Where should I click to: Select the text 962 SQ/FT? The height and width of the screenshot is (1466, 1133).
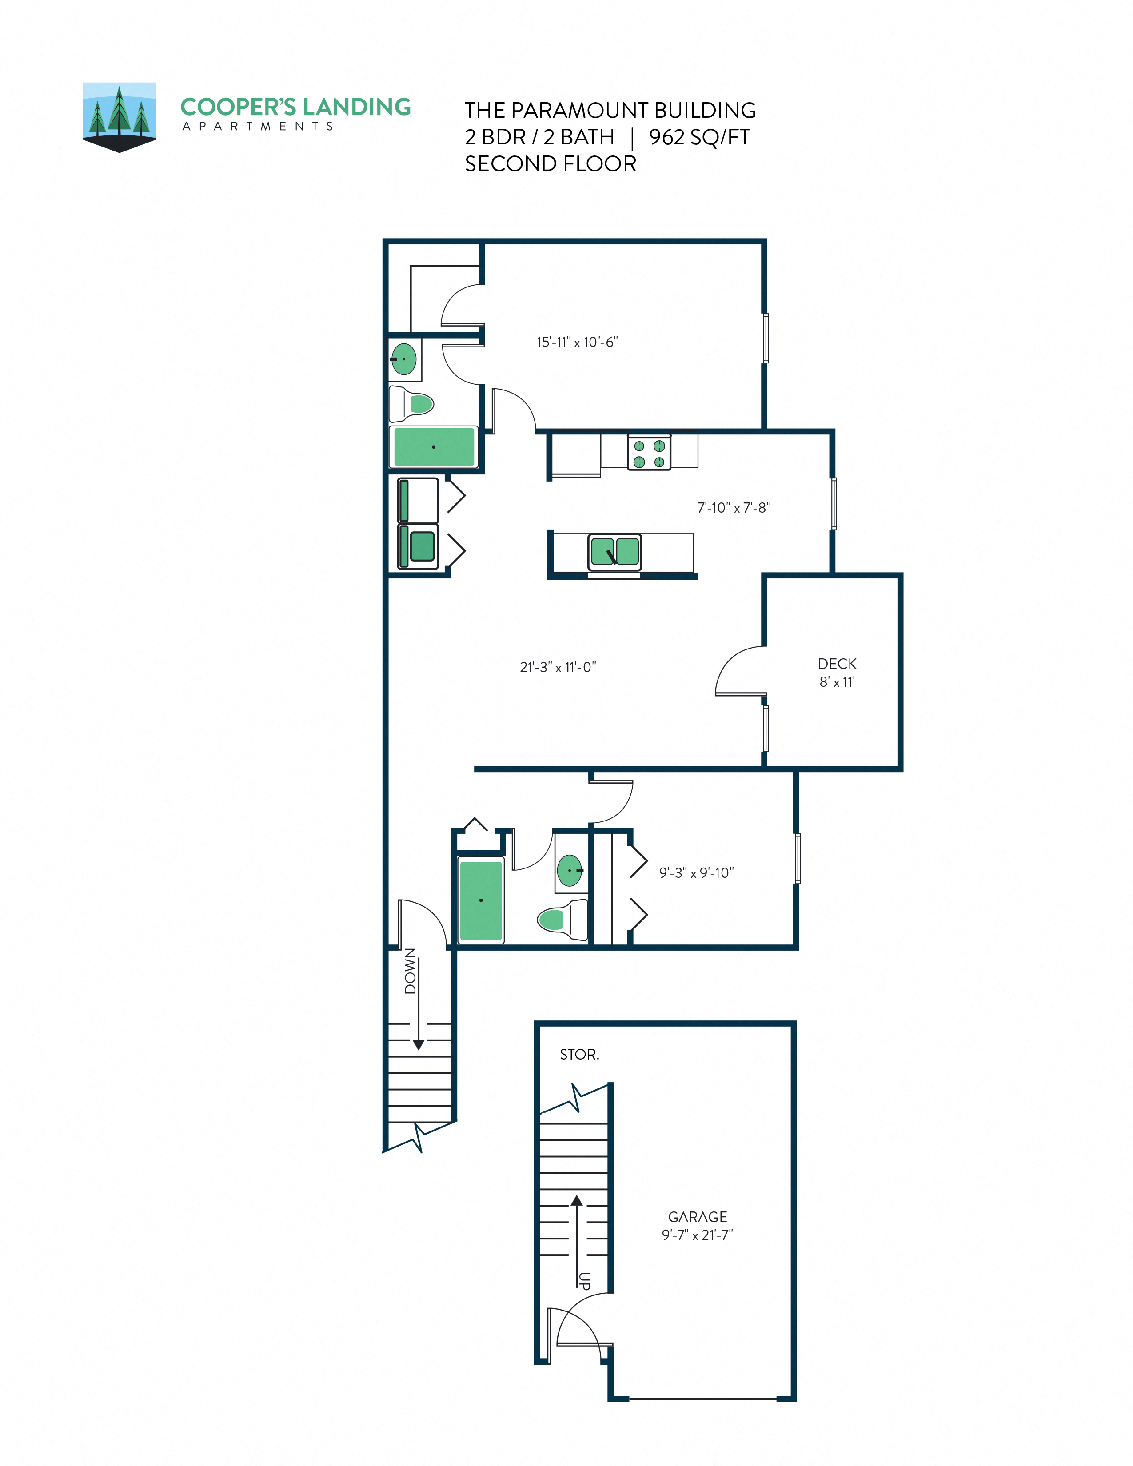[x=699, y=137]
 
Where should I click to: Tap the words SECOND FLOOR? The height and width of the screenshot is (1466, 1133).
[x=551, y=164]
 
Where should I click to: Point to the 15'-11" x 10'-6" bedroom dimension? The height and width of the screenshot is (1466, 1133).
[x=577, y=343]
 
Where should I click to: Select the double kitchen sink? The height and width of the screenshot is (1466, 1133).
[x=614, y=552]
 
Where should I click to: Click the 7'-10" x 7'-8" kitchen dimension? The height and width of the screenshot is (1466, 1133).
[x=734, y=508]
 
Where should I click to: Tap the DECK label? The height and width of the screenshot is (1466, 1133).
[x=837, y=664]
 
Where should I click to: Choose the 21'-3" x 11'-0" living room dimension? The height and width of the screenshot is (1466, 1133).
[x=558, y=667]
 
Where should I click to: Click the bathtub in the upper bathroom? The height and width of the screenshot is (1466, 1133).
[x=434, y=446]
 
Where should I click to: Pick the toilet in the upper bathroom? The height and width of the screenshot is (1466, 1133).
[x=412, y=404]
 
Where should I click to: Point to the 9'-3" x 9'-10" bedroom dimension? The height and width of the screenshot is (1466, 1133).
[x=696, y=872]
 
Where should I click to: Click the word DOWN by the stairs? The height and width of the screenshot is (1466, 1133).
[x=410, y=971]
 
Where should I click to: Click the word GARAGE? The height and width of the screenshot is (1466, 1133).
[x=698, y=1217]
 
